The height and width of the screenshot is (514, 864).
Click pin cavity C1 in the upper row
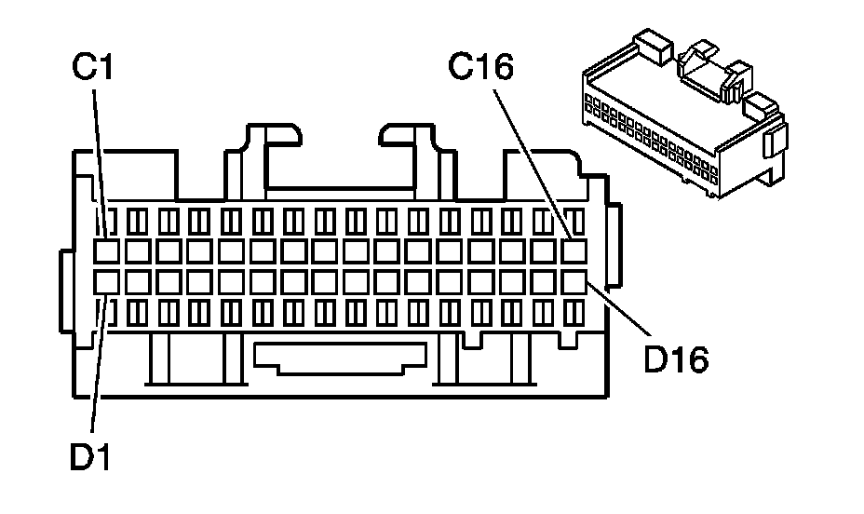click(107, 251)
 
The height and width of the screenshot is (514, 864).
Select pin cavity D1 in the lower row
click(107, 280)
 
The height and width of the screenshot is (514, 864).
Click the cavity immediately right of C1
click(138, 251)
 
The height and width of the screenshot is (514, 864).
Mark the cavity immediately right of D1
click(138, 280)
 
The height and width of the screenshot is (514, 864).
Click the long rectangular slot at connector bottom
click(341, 358)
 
